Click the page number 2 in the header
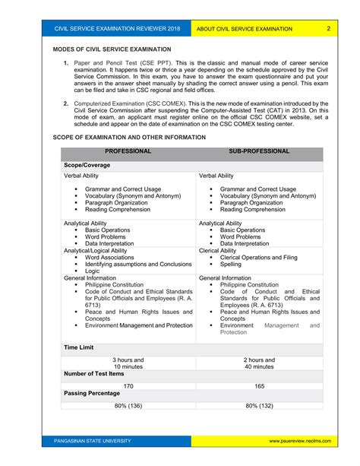click(329, 29)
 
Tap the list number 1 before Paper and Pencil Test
click(66, 62)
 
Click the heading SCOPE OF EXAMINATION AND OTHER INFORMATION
click(128, 137)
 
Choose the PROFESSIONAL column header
click(128, 151)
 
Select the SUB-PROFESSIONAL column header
click(258, 151)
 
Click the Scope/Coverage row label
click(87, 164)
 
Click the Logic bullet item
click(92, 271)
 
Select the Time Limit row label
click(79, 347)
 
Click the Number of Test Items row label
click(94, 373)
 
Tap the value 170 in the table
click(128, 386)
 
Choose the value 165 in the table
click(259, 386)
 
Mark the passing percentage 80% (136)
click(128, 407)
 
